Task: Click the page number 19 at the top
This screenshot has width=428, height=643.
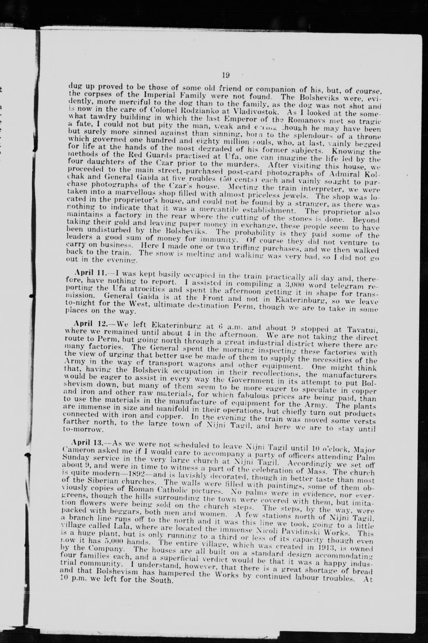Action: pos(226,75)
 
